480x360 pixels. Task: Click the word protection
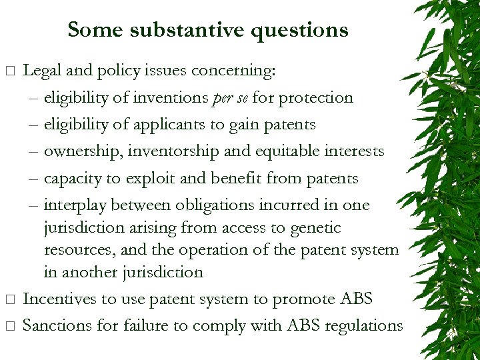[x=316, y=98]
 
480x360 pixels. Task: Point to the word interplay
[x=76, y=205]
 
